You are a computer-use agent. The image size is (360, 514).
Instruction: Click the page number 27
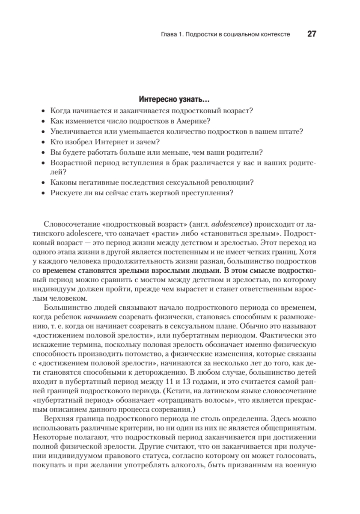pos(311,34)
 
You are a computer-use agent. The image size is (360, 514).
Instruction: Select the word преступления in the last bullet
pos(211,193)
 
